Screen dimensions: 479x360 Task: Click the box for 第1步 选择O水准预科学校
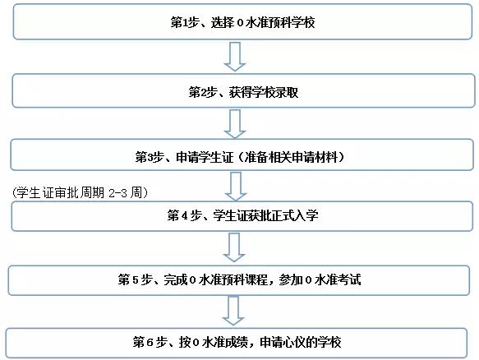coord(243,21)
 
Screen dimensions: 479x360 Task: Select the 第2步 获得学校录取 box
coord(243,90)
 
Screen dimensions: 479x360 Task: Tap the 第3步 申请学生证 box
coord(242,155)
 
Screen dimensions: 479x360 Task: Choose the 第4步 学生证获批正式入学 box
coord(242,216)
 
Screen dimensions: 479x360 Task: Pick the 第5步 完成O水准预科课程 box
coord(238,280)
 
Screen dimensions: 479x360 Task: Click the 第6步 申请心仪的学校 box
coord(237,343)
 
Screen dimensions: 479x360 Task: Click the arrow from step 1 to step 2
coord(235,57)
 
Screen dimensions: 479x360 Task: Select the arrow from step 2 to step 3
coord(235,124)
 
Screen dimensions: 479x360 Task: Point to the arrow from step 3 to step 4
coord(236,186)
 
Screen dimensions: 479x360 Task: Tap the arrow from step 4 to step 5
coord(234,247)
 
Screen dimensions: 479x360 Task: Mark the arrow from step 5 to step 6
coord(233,311)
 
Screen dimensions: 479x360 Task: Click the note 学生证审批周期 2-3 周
coord(80,193)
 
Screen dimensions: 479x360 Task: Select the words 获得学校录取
coord(264,92)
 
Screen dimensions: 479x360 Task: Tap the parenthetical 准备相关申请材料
coord(291,157)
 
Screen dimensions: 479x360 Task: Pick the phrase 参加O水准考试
coord(320,279)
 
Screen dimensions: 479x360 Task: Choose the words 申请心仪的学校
coord(300,342)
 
